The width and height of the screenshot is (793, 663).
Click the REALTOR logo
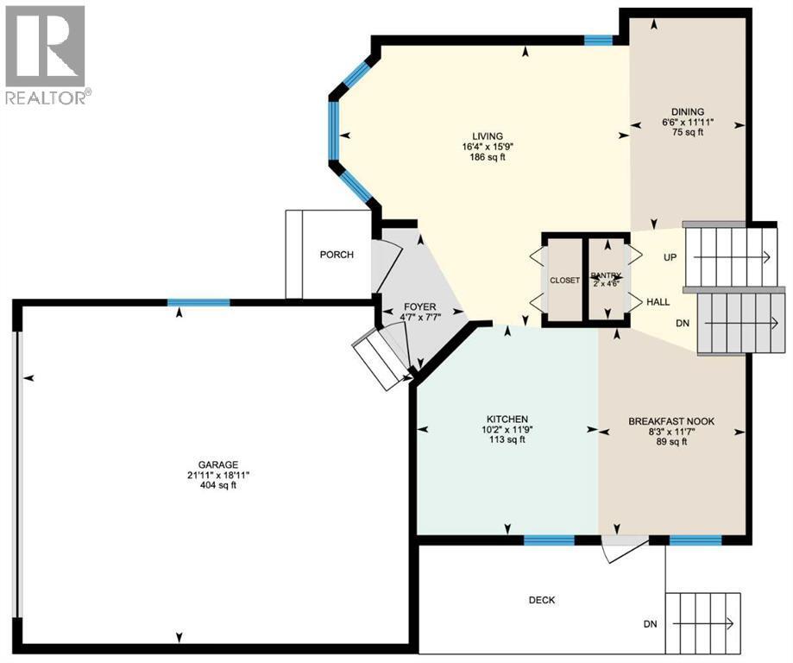click(x=46, y=54)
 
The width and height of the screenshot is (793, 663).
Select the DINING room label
click(x=689, y=111)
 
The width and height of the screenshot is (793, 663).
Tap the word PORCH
click(x=337, y=255)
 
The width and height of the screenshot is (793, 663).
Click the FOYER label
click(x=420, y=307)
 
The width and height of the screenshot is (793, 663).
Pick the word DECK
click(x=542, y=600)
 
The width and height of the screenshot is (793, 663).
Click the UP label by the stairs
click(x=670, y=257)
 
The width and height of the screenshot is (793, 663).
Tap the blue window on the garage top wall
click(x=198, y=302)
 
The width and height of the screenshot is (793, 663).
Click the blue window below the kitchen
click(x=550, y=540)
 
